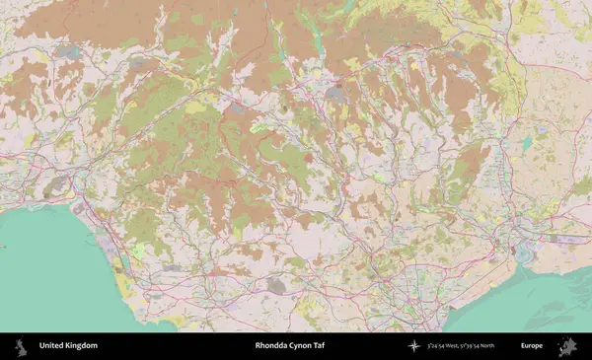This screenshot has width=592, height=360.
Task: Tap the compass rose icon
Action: pyautogui.click(x=413, y=346)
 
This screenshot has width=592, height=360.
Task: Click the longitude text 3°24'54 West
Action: pyautogui.click(x=446, y=346)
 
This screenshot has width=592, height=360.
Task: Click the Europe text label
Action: pyautogui.click(x=532, y=346)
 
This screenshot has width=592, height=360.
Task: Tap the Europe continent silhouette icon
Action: pyautogui.click(x=567, y=346)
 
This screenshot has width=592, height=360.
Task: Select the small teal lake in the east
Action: pyautogui.click(x=526, y=143)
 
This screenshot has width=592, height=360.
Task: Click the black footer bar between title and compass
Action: pyautogui.click(x=370, y=346)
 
